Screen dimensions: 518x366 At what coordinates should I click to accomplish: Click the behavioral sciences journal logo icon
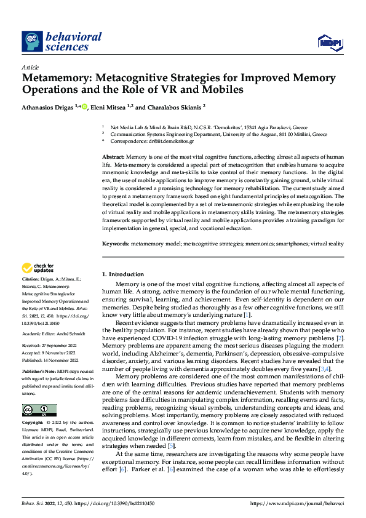(31, 41)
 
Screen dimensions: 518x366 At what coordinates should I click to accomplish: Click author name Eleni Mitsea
(109, 107)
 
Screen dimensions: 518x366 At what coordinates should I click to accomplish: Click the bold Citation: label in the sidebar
(33, 280)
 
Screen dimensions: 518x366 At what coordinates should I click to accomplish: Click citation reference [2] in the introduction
(340, 338)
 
